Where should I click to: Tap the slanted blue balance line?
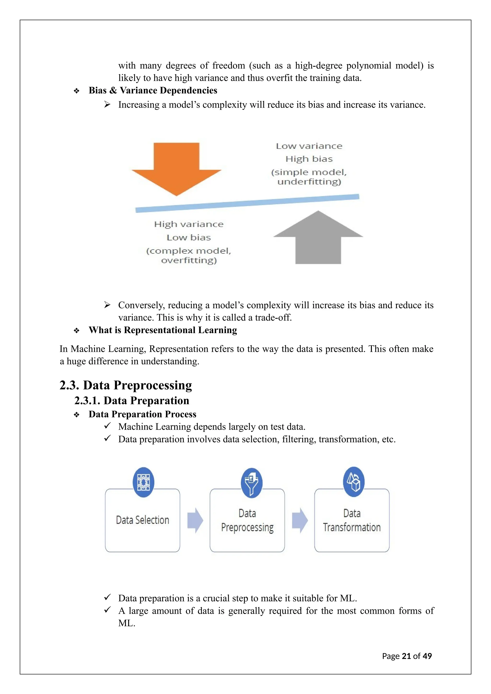pos(247,203)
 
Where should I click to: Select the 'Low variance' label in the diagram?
pos(309,146)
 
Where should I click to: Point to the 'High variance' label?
pos(189,224)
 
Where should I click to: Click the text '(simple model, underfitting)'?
pos(309,177)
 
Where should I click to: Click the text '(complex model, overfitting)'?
pos(189,255)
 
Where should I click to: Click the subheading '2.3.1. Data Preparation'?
pos(132,400)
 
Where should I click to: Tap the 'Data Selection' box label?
pos(142,520)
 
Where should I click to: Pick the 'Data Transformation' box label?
pos(352,520)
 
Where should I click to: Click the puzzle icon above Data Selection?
pos(143,482)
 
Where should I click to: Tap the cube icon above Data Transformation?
pos(353,481)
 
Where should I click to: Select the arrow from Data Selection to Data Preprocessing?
pos(195,520)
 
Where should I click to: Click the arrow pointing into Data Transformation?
pos(300,520)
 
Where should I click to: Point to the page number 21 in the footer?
pos(406,656)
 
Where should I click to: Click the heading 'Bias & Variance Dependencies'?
pos(153,90)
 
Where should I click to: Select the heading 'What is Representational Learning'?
pos(163,330)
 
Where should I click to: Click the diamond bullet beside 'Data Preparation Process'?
pos(76,415)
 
